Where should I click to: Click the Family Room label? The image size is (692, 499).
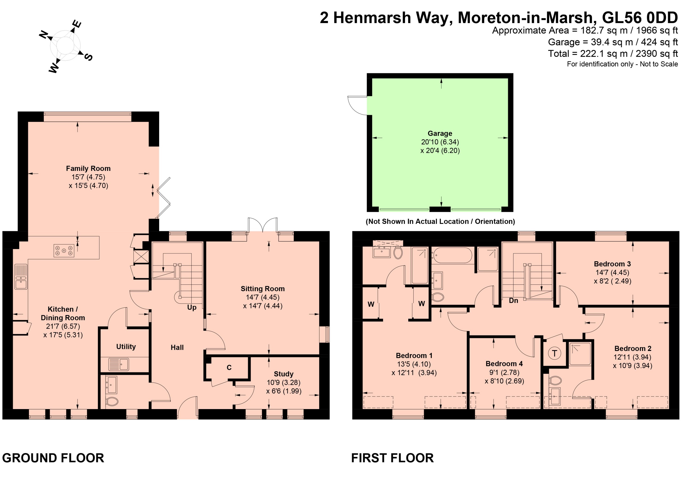click(x=88, y=168)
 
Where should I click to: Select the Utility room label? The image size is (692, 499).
click(x=126, y=347)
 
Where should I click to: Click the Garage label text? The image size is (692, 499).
click(x=440, y=133)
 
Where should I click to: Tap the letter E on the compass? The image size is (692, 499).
click(x=77, y=24)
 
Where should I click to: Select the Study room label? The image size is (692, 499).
click(x=284, y=374)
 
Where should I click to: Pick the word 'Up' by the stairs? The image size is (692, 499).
click(x=192, y=307)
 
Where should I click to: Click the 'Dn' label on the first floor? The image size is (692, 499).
click(x=513, y=301)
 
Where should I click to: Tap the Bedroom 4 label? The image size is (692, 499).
click(x=504, y=364)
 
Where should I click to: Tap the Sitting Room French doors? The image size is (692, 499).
click(x=263, y=225)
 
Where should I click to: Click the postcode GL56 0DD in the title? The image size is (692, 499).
click(x=640, y=18)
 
